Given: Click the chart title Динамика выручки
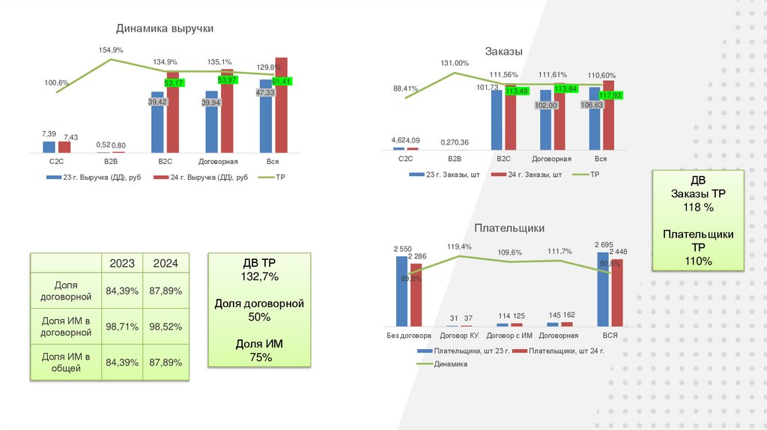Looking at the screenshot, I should [165, 28].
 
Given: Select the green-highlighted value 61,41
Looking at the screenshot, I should [282, 81].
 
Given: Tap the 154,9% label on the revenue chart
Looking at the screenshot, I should [111, 49].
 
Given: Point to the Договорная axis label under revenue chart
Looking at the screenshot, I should [218, 161].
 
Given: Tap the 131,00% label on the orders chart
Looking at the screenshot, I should [455, 64].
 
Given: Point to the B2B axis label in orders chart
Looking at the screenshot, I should [455, 159].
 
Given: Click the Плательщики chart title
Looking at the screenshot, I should [509, 228].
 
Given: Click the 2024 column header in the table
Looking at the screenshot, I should [166, 264].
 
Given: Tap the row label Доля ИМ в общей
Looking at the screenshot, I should [66, 363].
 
